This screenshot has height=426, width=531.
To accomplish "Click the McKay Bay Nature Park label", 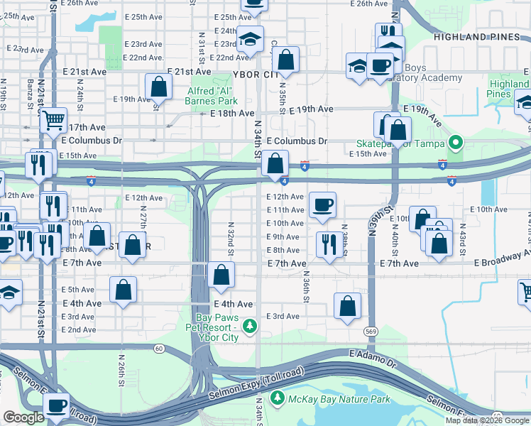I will pos(339,400).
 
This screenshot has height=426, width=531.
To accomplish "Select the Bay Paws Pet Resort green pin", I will pos(249,326).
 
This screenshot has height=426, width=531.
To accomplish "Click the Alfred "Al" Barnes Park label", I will pos(212,96).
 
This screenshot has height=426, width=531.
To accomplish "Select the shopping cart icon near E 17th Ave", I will pos(53,121).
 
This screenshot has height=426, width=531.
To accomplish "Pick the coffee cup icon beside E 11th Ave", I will pos(322,205).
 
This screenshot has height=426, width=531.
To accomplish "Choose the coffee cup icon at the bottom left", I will pos(55,406).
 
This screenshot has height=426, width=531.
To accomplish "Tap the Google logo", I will pos(23,418).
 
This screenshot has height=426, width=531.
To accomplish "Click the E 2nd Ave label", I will pos(78,329).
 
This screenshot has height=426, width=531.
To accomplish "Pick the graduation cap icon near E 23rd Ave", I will pos(250,41).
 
